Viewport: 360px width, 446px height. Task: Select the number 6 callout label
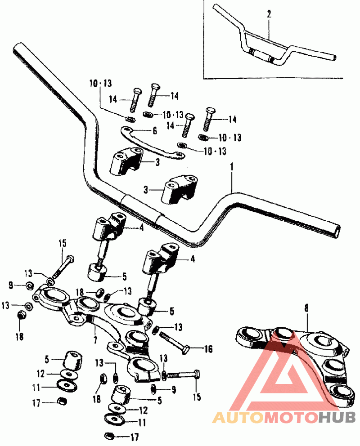pos(154,131)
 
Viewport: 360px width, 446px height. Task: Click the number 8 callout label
pos(307,308)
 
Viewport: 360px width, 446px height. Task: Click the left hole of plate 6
pos(126,129)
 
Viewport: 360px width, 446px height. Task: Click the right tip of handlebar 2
pos(334,57)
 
